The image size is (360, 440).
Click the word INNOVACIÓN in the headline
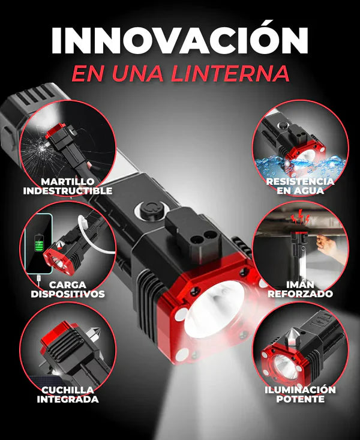coord(179,40)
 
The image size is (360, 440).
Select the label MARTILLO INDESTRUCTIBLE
coord(68,186)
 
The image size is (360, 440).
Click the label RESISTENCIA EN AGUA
coord(301,185)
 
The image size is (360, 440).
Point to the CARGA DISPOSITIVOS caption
coord(68,289)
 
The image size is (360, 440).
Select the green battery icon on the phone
coord(40,245)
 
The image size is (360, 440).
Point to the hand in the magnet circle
coord(324,243)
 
